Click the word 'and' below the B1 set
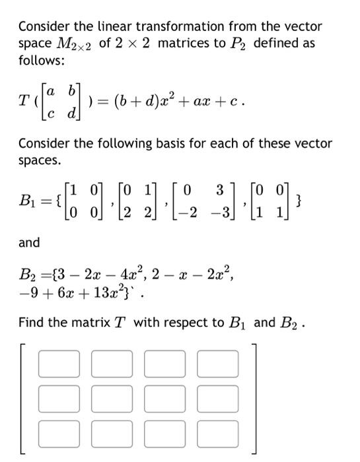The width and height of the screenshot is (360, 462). coord(29,243)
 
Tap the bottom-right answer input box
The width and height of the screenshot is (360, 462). coord(218,432)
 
